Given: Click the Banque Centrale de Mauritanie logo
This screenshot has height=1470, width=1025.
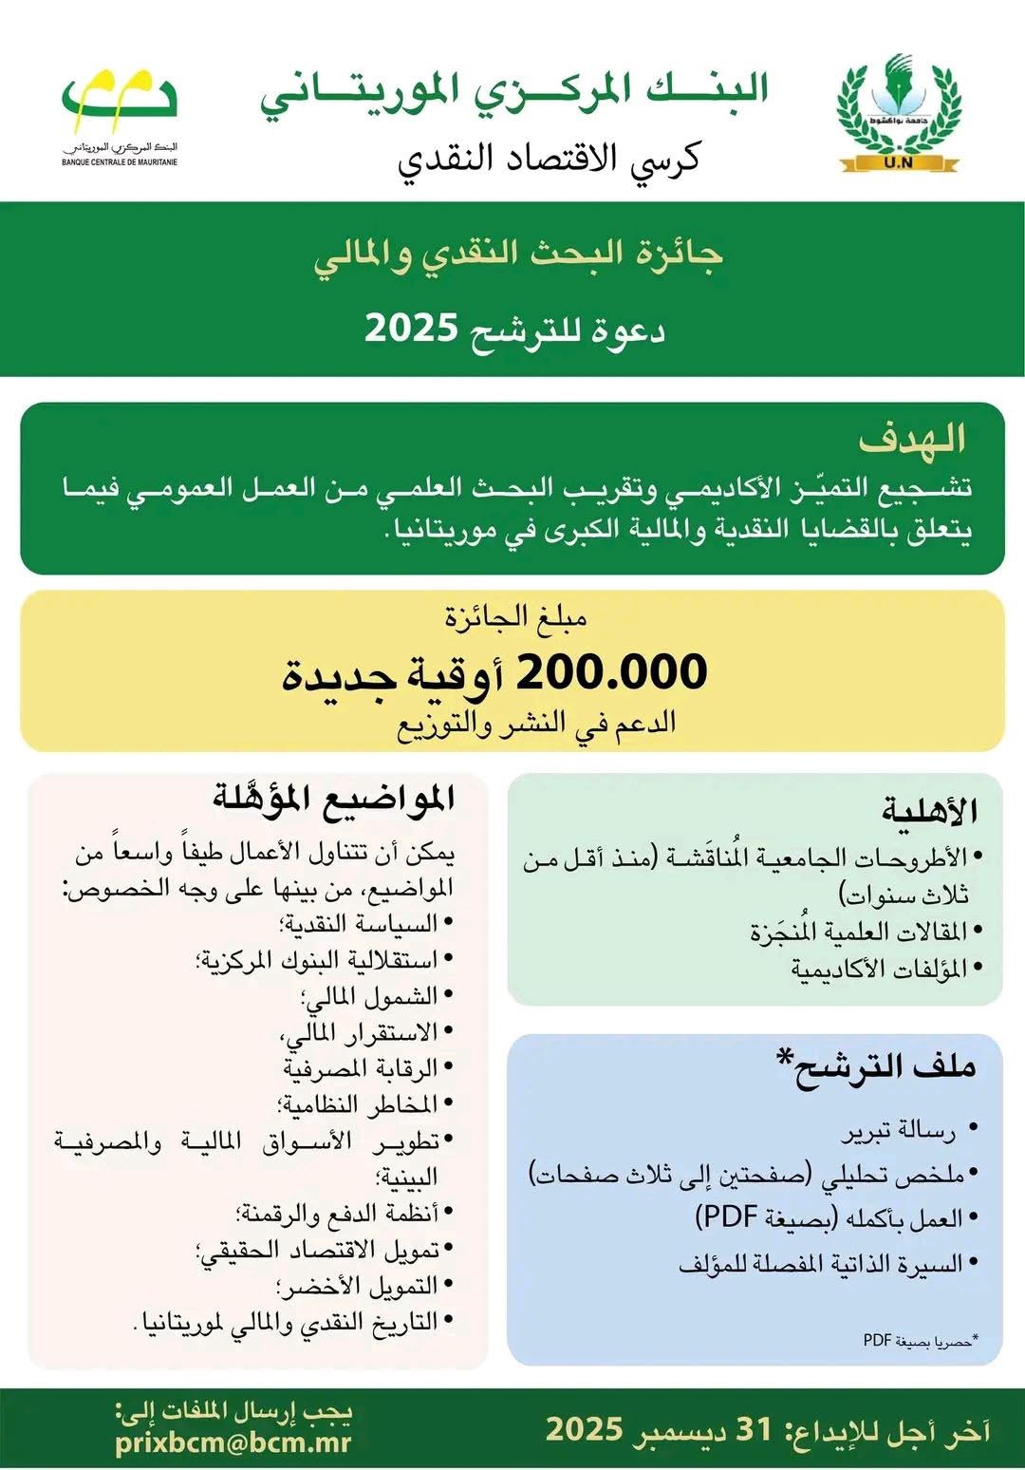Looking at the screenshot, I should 120,114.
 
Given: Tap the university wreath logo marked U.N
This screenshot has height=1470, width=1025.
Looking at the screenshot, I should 899,114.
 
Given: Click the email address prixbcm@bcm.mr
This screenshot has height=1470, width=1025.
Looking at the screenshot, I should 233,1442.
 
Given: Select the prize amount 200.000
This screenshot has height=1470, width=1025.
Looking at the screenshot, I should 611,672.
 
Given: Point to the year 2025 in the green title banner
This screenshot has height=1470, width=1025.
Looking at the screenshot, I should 412,330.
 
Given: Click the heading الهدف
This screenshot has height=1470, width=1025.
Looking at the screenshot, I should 912,439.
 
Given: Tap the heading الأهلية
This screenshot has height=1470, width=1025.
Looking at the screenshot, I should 929,811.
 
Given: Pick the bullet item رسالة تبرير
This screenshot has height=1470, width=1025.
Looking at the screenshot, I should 898,1131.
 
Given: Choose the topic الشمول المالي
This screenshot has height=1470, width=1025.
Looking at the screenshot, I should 370,996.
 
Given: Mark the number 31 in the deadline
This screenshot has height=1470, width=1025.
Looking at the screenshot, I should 755,1429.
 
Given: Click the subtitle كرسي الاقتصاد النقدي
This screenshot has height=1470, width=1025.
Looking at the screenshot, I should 549,158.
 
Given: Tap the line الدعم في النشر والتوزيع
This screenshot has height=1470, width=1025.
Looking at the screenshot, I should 536,724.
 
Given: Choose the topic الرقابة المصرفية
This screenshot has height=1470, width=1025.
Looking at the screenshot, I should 361,1068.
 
